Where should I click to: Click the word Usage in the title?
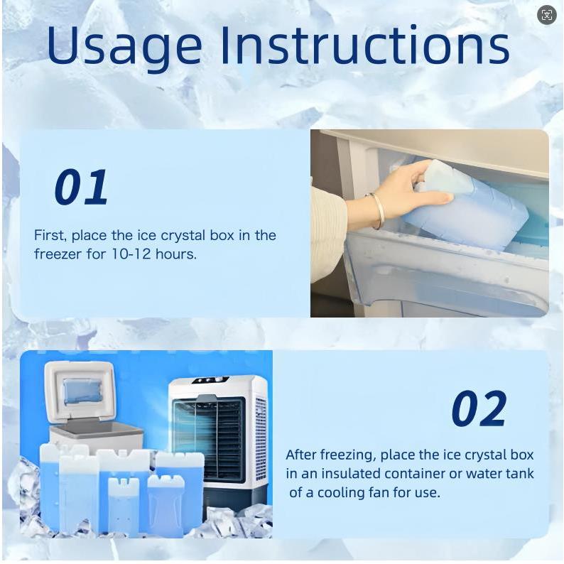(x=124, y=47)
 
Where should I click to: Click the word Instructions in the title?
(x=364, y=45)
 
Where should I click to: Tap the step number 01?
(x=81, y=187)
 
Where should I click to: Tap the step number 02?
(x=479, y=408)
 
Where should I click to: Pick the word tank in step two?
(x=520, y=473)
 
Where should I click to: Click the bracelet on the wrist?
(x=377, y=211)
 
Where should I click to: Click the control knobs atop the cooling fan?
(x=211, y=380)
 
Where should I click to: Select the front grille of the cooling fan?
(x=209, y=440)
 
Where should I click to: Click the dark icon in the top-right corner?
(x=546, y=15)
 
